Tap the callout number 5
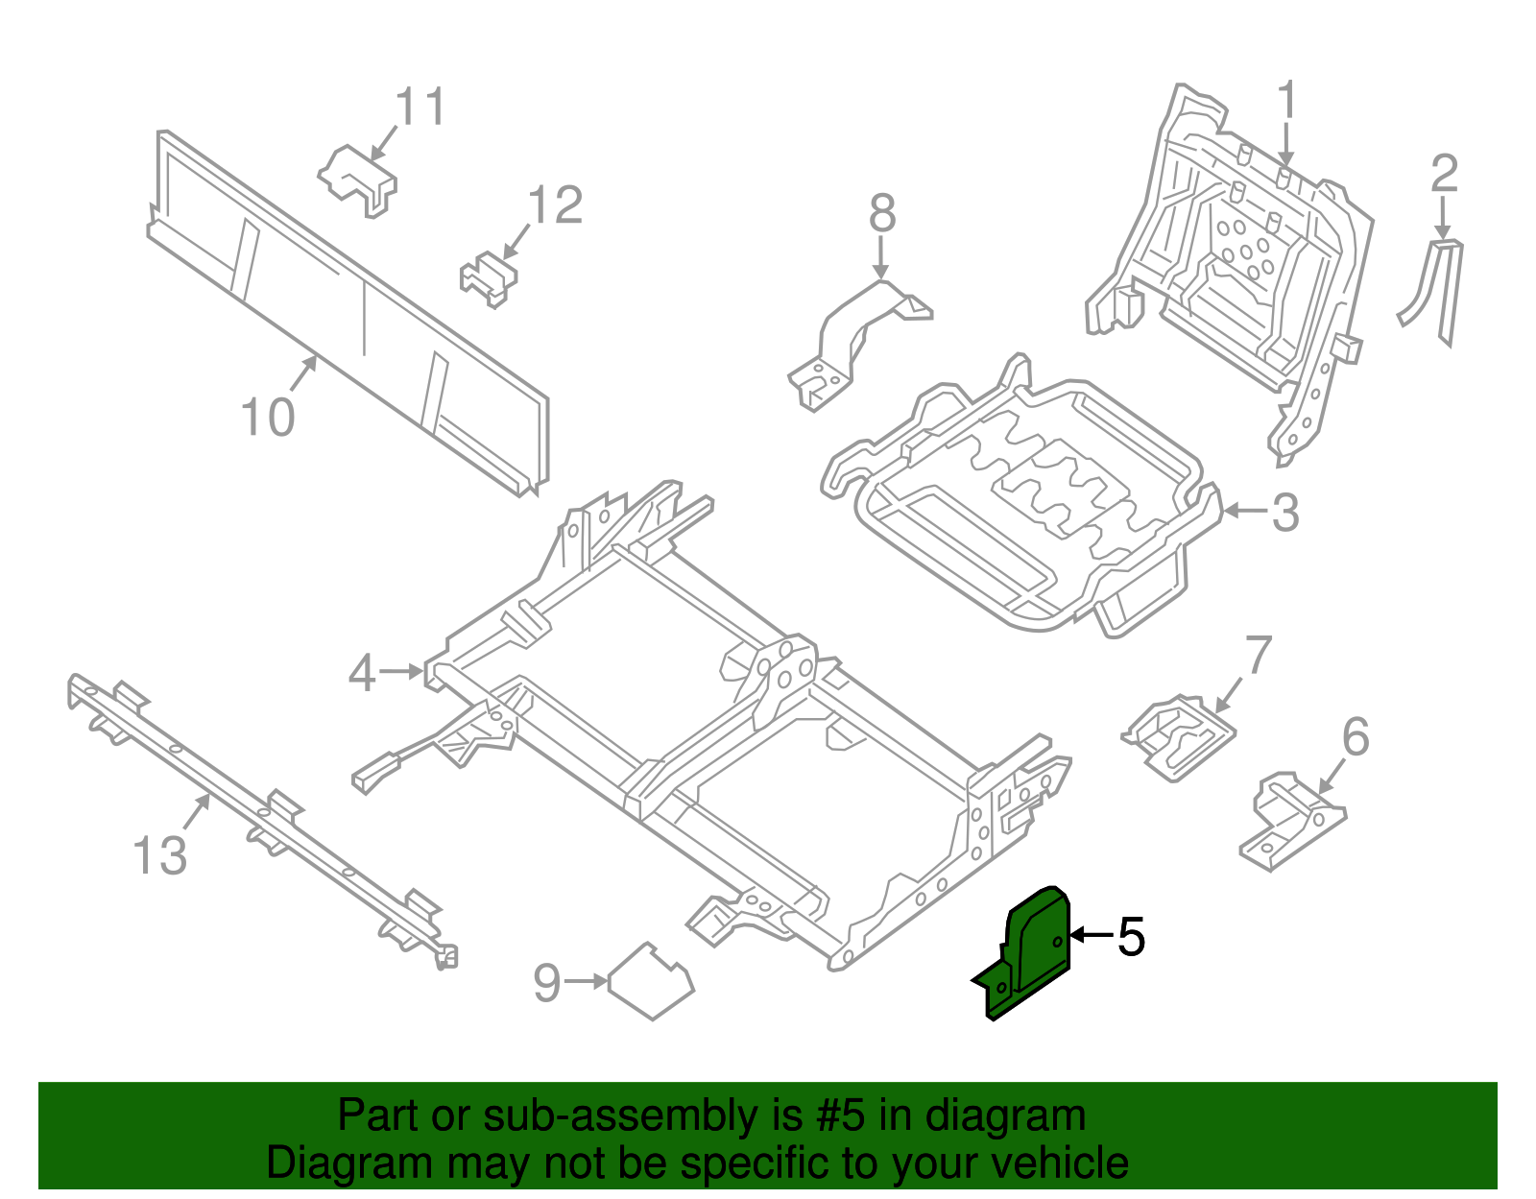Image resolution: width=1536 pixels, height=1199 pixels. (x=1131, y=936)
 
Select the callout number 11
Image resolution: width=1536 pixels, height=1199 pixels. (x=420, y=107)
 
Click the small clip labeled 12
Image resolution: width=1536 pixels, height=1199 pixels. (x=489, y=276)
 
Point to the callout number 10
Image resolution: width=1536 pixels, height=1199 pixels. (x=267, y=418)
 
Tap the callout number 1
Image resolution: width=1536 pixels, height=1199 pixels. (x=1286, y=101)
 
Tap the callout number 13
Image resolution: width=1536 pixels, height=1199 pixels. (x=159, y=855)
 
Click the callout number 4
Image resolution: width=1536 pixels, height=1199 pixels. (x=362, y=673)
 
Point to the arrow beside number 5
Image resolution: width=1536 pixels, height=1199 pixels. (x=1090, y=935)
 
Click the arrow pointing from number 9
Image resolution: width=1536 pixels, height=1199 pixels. (x=586, y=981)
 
